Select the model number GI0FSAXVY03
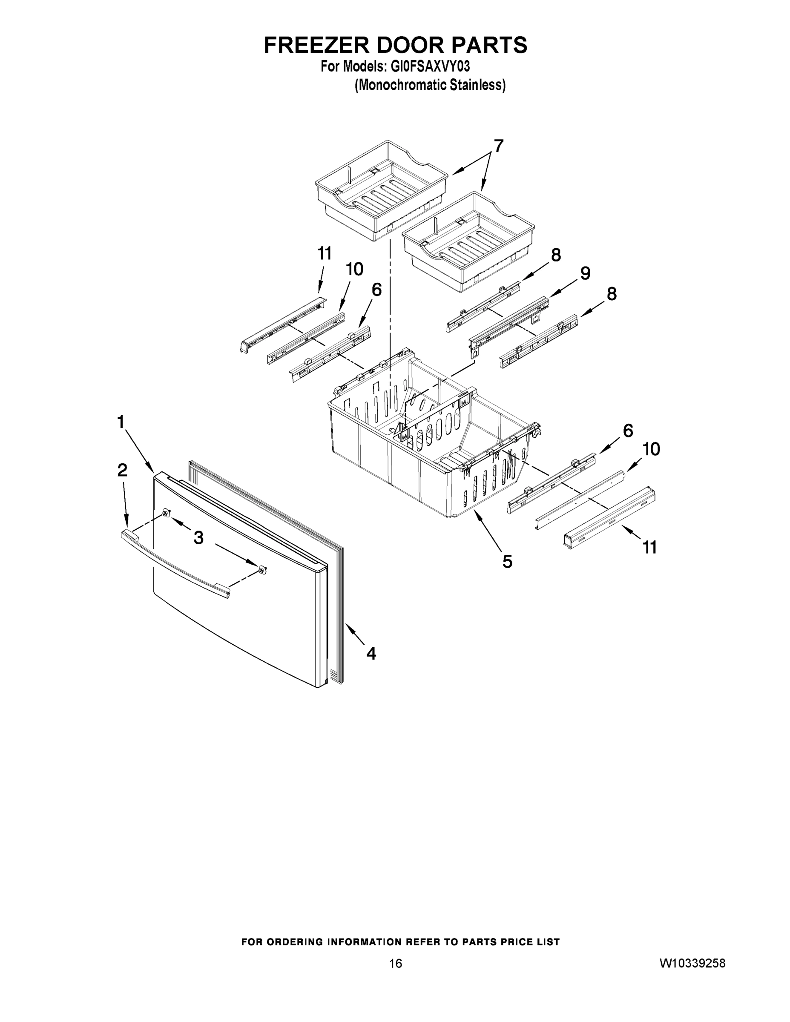click(x=427, y=67)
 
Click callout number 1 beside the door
click(x=121, y=422)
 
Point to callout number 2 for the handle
click(x=122, y=470)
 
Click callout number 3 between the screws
click(x=199, y=538)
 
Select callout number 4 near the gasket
click(x=371, y=653)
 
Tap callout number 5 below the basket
click(x=508, y=561)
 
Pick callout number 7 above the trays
click(x=499, y=146)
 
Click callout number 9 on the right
click(x=586, y=273)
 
